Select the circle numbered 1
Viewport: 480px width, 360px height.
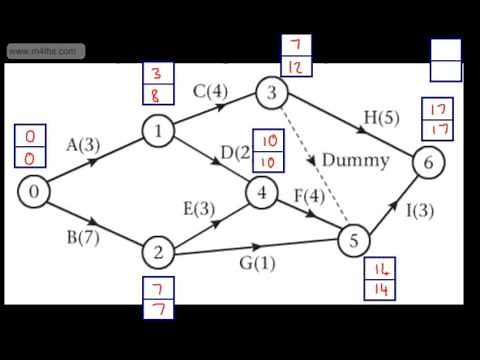point(157,130)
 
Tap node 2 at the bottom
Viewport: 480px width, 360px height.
point(157,252)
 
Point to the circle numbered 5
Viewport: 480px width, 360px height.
point(353,240)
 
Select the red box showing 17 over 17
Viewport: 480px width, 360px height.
point(436,117)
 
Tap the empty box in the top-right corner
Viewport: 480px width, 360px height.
point(446,60)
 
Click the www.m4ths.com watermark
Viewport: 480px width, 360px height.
point(44,51)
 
